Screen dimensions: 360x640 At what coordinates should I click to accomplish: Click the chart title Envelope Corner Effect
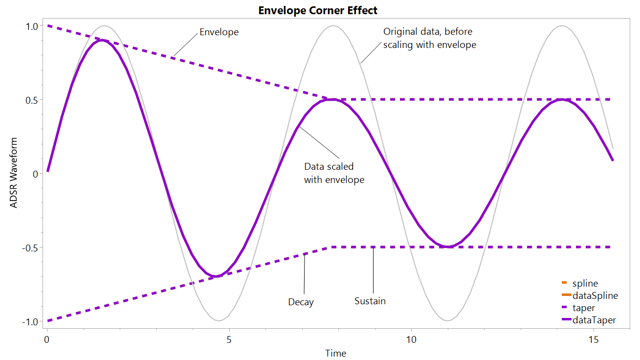(x=318, y=10)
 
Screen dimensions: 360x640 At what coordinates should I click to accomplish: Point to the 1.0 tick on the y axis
(x=32, y=26)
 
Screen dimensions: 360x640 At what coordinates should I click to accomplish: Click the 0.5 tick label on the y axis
(x=32, y=100)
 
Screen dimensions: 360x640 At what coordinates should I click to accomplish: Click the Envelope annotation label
(x=219, y=33)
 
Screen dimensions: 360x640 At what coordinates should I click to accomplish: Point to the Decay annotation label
(x=301, y=302)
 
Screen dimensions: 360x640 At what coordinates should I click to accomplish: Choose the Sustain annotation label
(x=370, y=301)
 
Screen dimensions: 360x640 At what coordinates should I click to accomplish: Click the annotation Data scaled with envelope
(x=334, y=173)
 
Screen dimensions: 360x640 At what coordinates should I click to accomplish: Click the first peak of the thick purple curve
(x=101, y=40)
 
